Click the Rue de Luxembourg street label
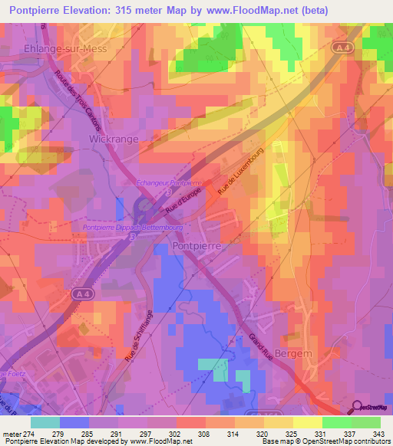click(x=240, y=169)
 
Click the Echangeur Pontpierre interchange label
click(x=167, y=183)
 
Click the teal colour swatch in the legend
click(x=45, y=421)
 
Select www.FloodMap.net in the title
click(x=248, y=10)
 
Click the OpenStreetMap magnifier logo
click(x=358, y=407)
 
